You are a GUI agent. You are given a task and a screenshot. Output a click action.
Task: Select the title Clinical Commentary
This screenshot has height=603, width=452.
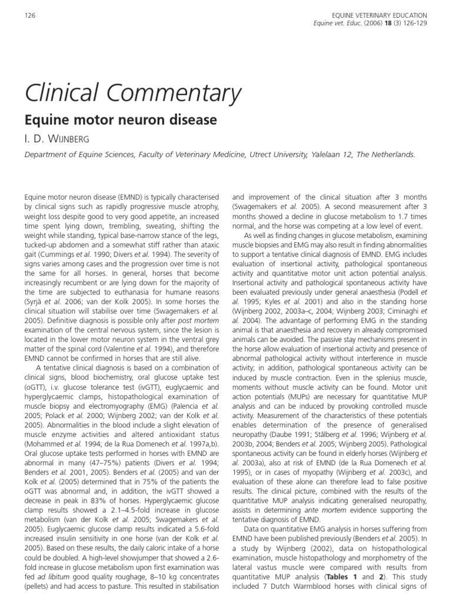coord(132,94)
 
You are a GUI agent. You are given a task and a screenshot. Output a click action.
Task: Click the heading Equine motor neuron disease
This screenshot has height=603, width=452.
coord(121,121)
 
